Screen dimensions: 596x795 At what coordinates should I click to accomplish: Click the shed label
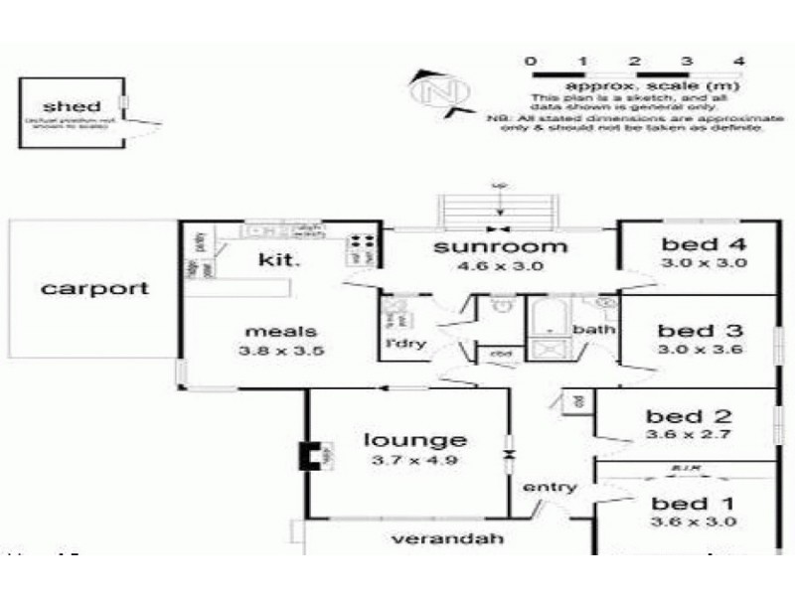(x=71, y=106)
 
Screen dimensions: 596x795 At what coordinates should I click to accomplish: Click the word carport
(x=95, y=289)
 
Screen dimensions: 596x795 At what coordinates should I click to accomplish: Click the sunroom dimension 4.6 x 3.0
(x=501, y=265)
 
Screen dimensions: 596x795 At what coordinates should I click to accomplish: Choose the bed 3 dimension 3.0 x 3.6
(x=702, y=350)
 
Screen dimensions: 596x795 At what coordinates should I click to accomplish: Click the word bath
(x=594, y=329)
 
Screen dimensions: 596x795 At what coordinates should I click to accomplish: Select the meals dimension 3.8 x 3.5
(x=283, y=350)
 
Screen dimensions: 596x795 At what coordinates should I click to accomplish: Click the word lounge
(x=415, y=440)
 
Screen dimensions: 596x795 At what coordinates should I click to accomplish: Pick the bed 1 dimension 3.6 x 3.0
(x=694, y=522)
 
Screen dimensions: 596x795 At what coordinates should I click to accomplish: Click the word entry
(x=550, y=487)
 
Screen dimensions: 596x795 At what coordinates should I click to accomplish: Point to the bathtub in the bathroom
(x=545, y=321)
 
